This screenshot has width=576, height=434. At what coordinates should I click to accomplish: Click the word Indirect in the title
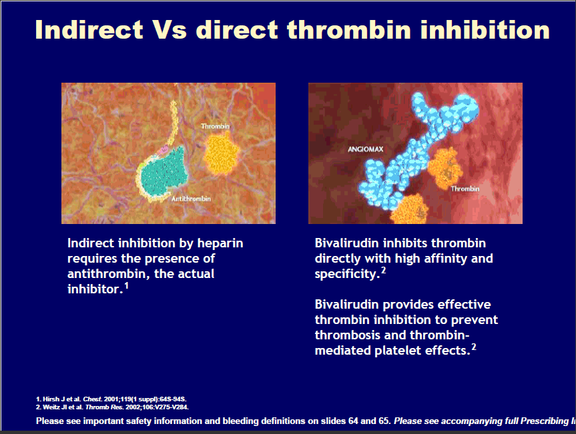coord(89,29)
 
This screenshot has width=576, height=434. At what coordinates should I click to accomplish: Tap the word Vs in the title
coord(170,29)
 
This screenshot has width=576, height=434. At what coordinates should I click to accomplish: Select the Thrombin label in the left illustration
coord(216,126)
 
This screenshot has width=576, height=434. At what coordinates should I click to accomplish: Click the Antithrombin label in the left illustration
coord(191,199)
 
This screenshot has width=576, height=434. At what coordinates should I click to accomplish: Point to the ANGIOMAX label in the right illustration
coord(366,149)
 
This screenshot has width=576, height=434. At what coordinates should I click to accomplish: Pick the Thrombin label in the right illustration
coord(465,189)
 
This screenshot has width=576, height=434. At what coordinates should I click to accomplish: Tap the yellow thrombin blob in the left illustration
coord(221,153)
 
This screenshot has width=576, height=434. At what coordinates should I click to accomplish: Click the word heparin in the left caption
coord(220,243)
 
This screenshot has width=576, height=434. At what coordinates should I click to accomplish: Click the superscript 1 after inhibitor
coord(126,285)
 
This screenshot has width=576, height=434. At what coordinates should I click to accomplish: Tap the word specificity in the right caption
coord(346,275)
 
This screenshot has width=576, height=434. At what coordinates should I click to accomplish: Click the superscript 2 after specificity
coord(384,270)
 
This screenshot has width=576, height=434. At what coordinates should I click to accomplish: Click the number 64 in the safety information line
coord(353,421)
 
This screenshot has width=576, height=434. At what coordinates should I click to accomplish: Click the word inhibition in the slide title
coord(485,29)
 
